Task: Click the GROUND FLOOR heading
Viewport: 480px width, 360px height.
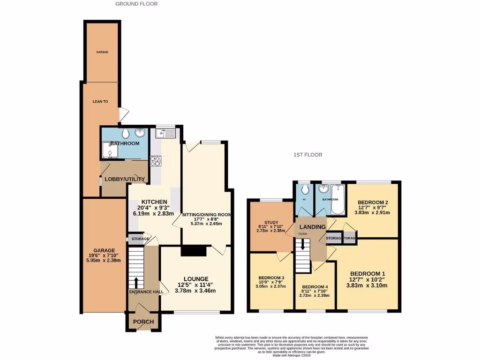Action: [136, 4]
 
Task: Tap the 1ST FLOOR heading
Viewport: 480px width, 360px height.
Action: [307, 155]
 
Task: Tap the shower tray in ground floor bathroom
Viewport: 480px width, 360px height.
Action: [109, 152]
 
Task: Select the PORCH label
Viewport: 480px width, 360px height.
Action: [143, 322]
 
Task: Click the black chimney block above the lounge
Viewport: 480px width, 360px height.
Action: [194, 251]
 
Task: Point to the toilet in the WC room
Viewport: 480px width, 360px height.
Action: [305, 189]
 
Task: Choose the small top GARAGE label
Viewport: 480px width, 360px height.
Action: [102, 52]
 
